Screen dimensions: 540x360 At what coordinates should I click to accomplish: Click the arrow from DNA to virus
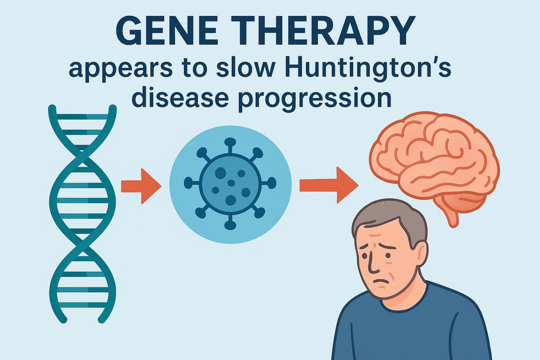[x=141, y=186]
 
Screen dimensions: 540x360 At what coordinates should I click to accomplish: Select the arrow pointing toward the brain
[x=329, y=185]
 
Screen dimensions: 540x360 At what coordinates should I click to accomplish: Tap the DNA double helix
[x=83, y=214]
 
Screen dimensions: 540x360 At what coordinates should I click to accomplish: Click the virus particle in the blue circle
[x=230, y=184]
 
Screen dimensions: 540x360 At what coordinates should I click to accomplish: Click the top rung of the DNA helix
[x=83, y=117]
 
